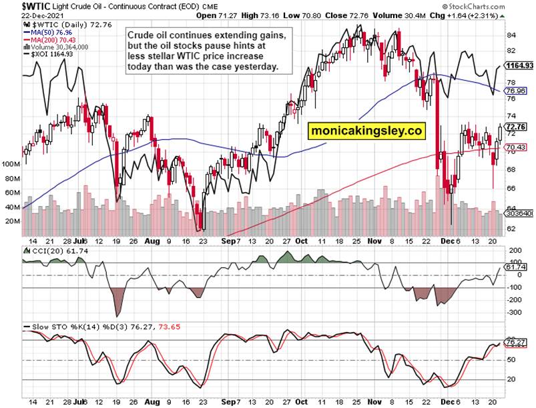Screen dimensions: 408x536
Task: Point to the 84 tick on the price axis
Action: coord(511,35)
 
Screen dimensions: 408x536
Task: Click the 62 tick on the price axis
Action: coord(511,229)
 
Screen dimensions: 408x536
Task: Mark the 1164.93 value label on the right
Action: coord(521,66)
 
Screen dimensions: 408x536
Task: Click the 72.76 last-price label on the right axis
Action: coord(517,126)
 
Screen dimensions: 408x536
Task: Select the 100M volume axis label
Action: coord(11,163)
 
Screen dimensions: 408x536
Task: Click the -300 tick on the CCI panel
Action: coord(514,311)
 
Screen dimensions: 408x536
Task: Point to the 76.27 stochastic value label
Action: coord(517,343)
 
